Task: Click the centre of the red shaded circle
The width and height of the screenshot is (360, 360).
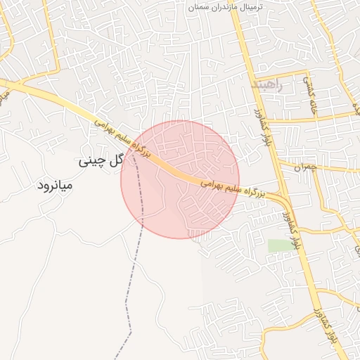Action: [x=180, y=179]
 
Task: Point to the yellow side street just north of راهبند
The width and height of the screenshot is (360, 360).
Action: [x=281, y=72]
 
